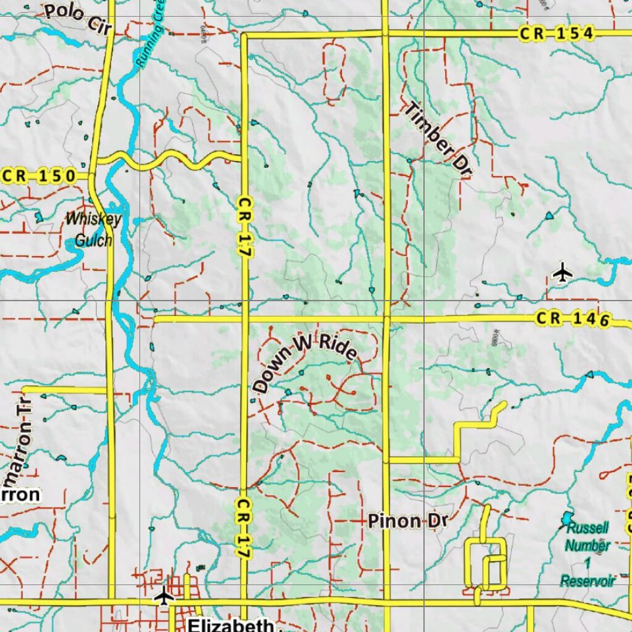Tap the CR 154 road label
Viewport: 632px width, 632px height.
[556, 33]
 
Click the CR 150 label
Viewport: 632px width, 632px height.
[38, 177]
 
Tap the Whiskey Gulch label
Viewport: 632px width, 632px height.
[93, 230]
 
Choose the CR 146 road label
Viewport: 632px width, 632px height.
[573, 319]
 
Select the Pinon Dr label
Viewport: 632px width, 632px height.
[407, 521]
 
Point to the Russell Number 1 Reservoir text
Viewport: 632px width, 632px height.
[588, 554]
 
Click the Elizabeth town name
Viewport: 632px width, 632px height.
[231, 625]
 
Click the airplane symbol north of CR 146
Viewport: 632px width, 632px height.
[562, 272]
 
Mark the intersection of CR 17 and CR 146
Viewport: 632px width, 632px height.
[244, 319]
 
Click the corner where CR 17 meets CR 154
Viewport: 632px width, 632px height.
[244, 36]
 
